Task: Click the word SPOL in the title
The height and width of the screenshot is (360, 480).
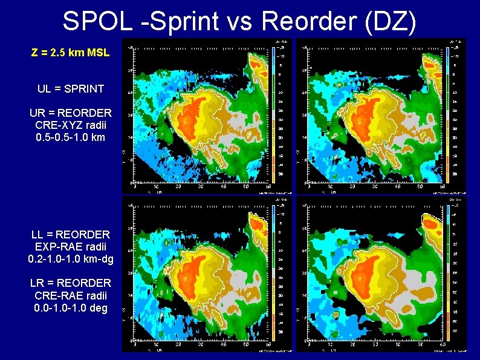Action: point(97,22)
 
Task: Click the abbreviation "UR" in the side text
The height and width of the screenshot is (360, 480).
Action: point(37,113)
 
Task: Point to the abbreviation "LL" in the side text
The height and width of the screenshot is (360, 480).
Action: point(38,234)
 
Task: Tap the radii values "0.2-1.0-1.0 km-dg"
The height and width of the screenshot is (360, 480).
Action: point(71,259)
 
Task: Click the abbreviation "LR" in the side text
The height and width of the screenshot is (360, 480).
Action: point(38,283)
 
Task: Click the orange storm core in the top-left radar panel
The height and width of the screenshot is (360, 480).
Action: point(192,112)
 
